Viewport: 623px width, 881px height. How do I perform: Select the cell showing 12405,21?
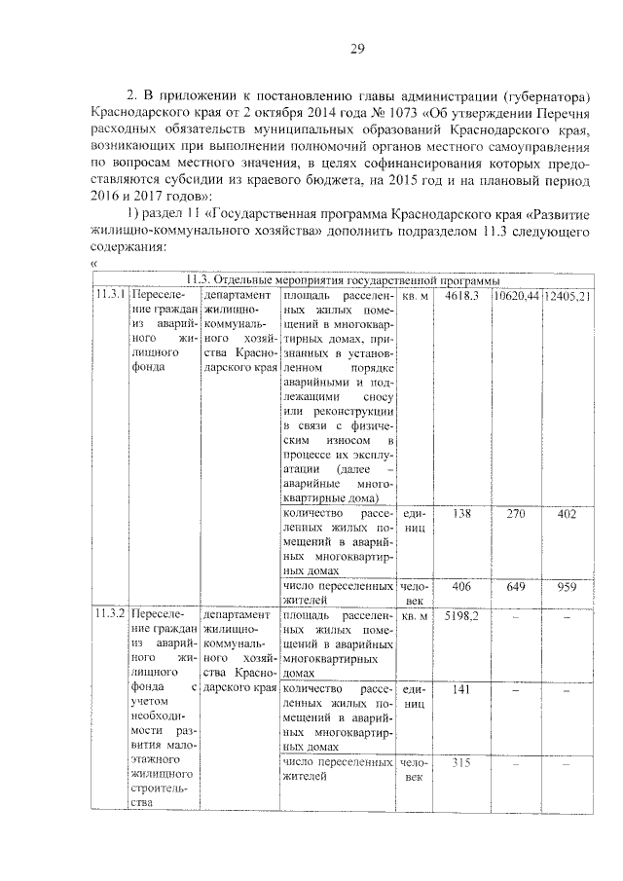(568, 294)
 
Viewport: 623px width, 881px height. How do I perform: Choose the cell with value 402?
(568, 513)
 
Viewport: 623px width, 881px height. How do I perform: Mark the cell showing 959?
(568, 587)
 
